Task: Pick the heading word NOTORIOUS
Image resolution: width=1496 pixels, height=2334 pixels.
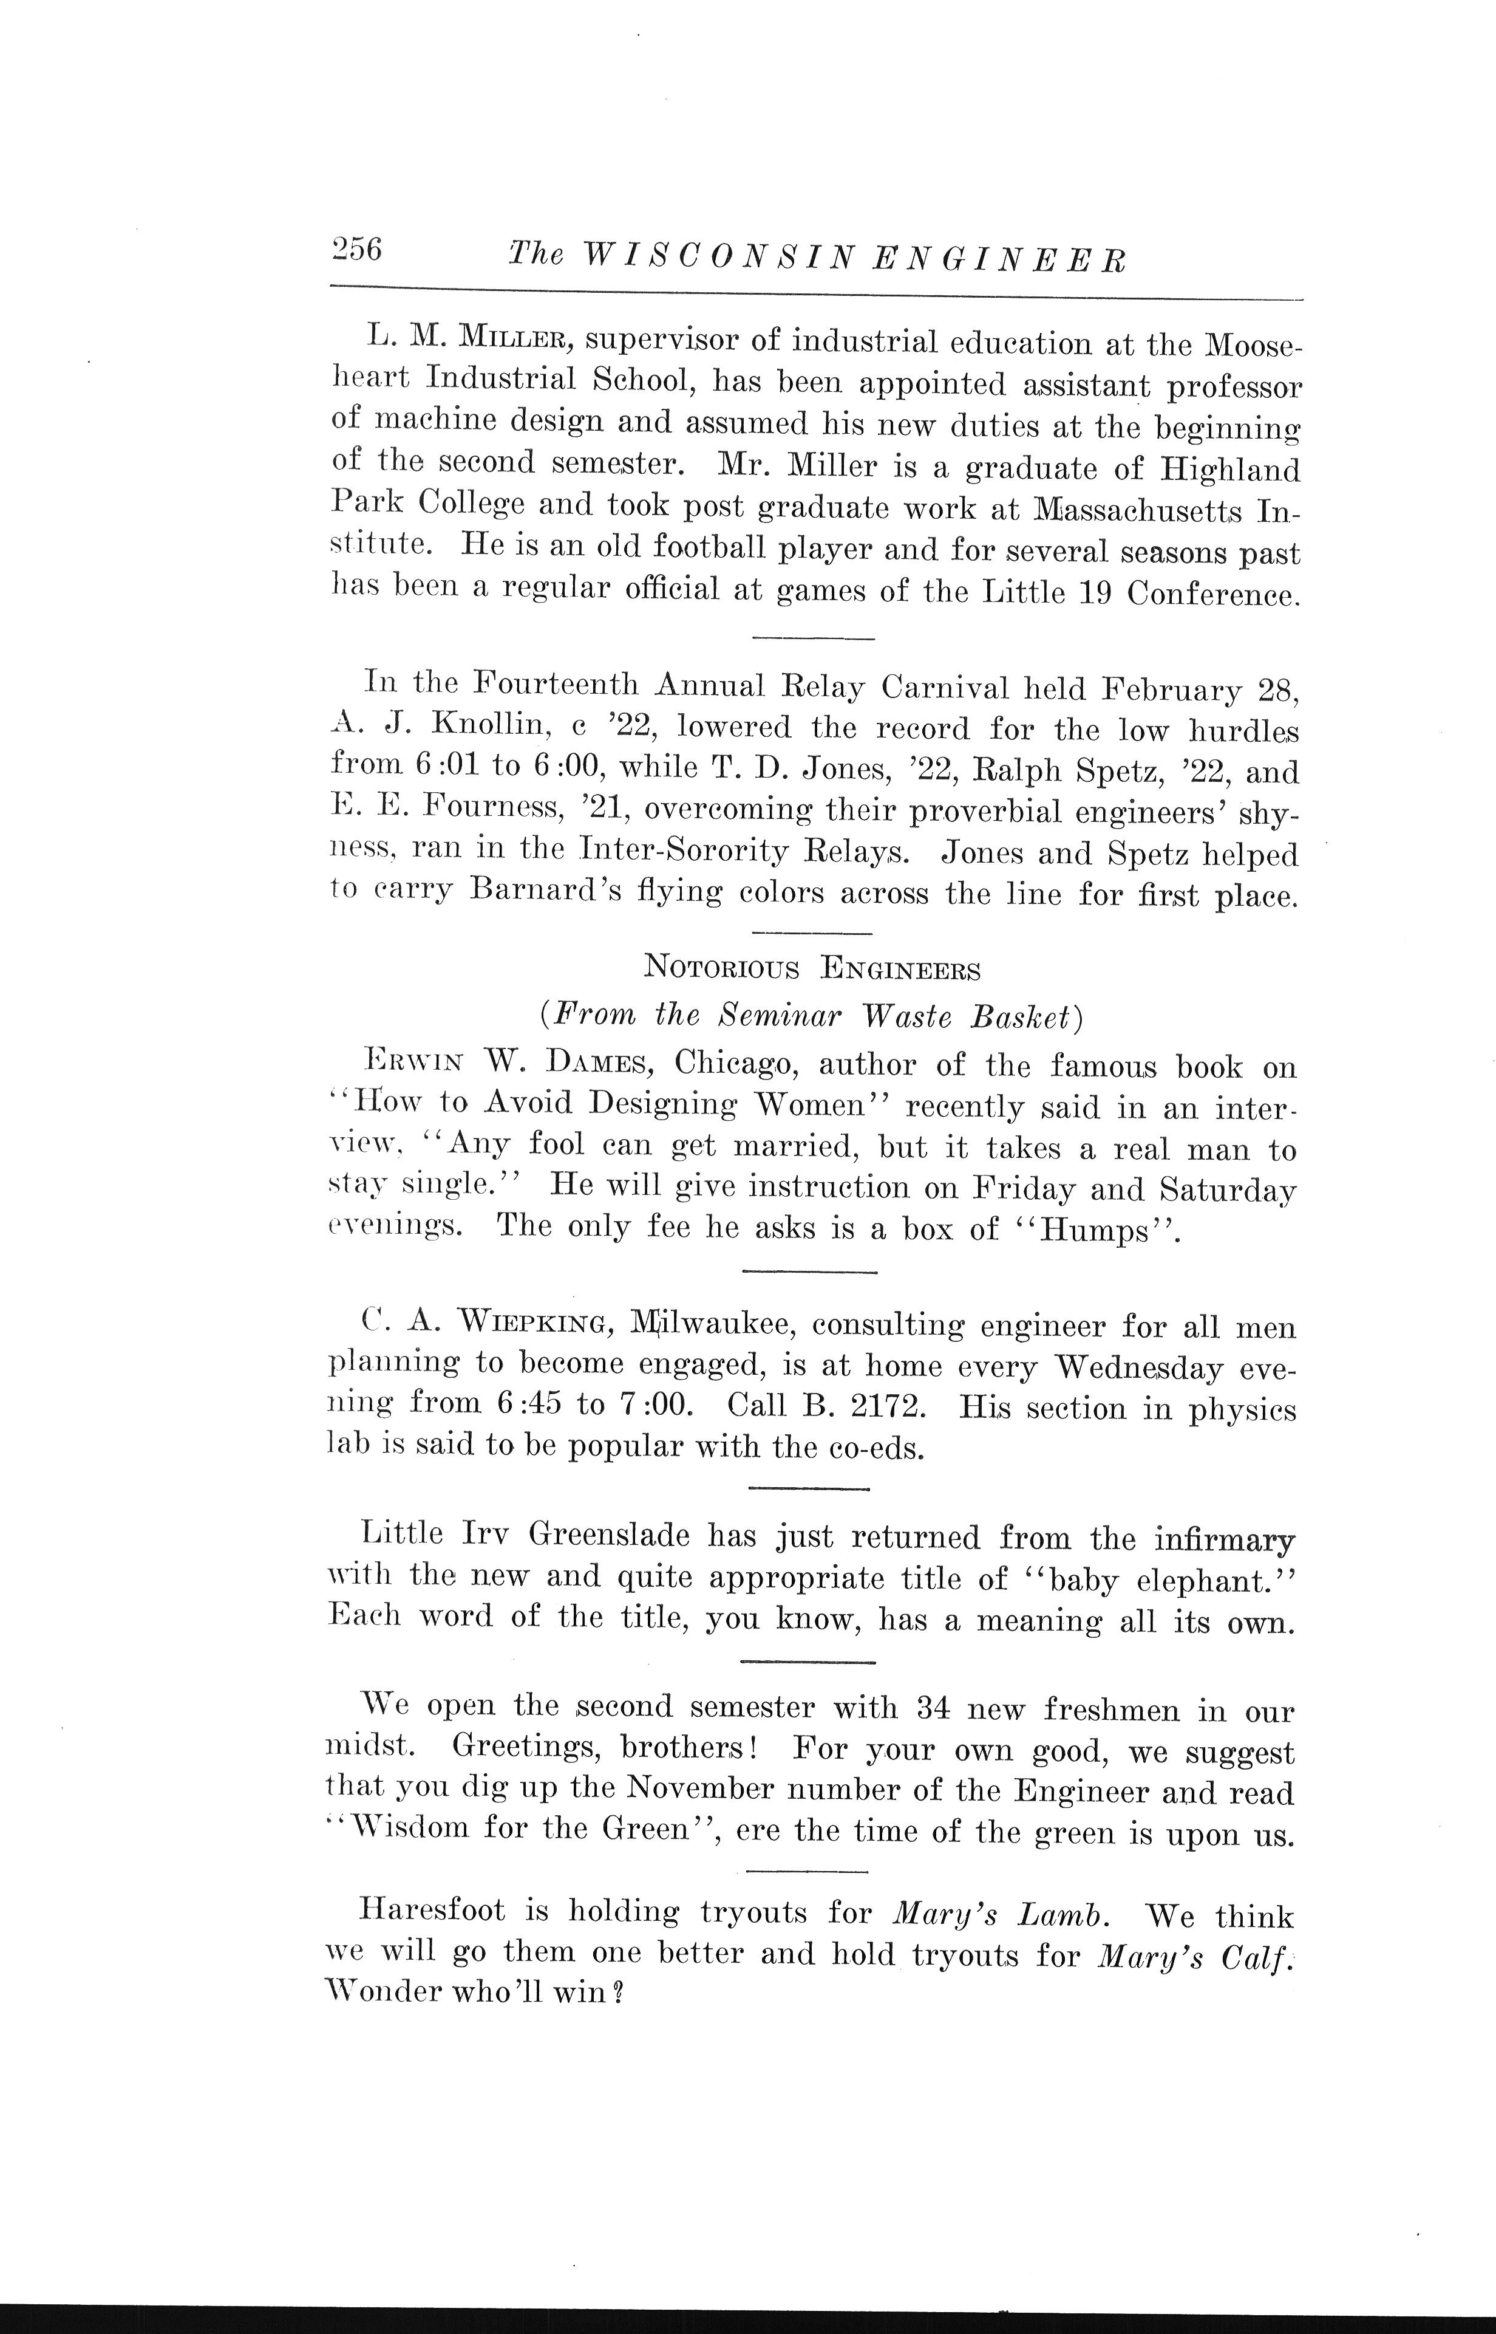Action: pyautogui.click(x=722, y=968)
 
